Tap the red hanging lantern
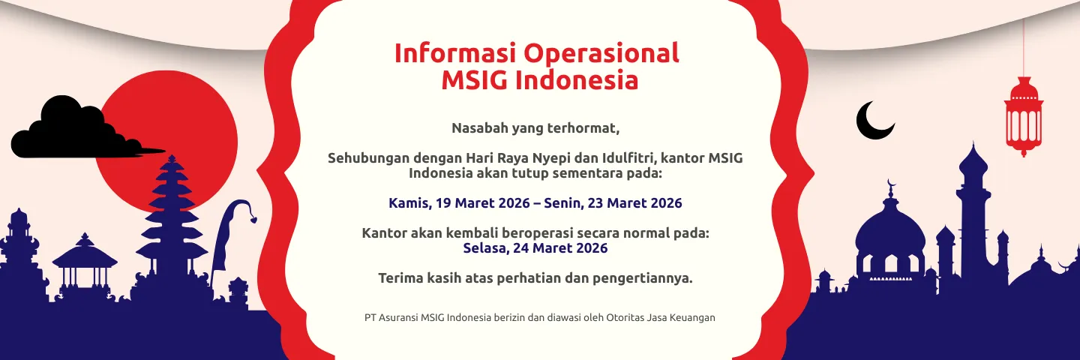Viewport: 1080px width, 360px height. click(1023, 116)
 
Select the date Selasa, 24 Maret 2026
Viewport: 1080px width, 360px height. click(535, 248)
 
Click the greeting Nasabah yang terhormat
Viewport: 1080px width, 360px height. click(535, 128)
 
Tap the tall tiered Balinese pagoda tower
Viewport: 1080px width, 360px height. click(172, 217)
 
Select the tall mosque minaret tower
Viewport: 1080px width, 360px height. click(973, 210)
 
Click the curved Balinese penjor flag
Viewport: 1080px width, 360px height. click(229, 232)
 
